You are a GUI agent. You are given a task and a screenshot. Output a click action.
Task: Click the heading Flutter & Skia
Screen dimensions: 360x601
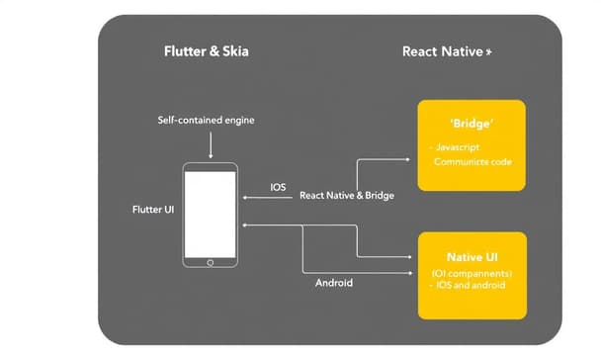(x=206, y=51)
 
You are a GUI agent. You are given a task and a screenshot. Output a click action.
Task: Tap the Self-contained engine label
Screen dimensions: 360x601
(x=207, y=120)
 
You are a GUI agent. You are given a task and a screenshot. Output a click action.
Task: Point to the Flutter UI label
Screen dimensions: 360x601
(x=153, y=211)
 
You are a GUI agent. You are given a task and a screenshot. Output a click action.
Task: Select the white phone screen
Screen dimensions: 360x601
(x=211, y=214)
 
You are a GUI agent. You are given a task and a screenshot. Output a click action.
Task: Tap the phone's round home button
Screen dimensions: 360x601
(x=210, y=262)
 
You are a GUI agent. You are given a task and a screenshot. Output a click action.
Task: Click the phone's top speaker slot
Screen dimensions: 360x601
(x=211, y=166)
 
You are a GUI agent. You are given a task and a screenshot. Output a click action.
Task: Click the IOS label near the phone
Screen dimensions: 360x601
(x=279, y=187)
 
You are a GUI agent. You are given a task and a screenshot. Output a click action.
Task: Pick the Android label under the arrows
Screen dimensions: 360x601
(x=334, y=283)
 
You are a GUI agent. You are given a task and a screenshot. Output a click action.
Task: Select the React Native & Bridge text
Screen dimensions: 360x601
(x=346, y=196)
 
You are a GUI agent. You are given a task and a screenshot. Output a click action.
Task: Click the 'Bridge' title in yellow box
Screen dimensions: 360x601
(x=472, y=126)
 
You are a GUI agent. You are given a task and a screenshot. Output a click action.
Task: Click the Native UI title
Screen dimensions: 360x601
(x=472, y=257)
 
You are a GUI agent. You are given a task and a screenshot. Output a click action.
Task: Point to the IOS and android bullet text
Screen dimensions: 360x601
(x=470, y=285)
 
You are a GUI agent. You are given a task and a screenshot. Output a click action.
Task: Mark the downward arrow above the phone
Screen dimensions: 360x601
(x=211, y=146)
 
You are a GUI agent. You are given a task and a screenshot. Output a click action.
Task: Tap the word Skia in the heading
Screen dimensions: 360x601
(x=233, y=51)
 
